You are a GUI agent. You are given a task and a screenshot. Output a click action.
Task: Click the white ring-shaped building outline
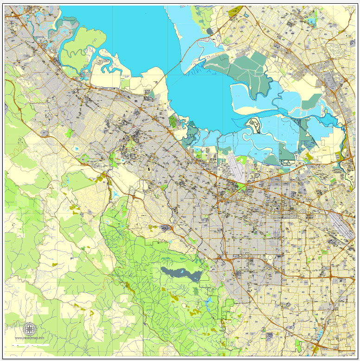(270, 258)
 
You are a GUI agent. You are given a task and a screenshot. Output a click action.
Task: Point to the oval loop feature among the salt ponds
(254, 125)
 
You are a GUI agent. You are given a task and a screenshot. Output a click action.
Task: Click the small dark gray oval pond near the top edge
(210, 31)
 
